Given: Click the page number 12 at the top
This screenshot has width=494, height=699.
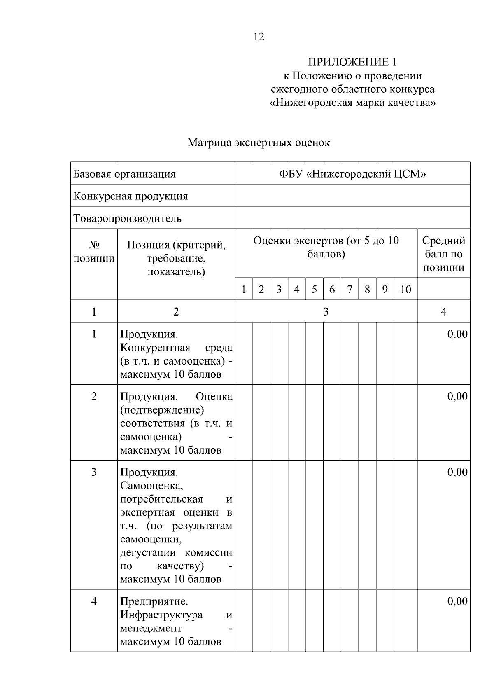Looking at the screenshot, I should [x=259, y=37].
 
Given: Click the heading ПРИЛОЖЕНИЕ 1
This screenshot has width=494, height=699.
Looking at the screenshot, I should [x=352, y=62].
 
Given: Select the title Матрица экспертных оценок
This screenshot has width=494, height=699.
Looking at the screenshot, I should [x=259, y=143].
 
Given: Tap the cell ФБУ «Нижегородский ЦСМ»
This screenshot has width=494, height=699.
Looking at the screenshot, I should [x=352, y=174].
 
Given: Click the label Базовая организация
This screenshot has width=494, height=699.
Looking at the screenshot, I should [x=124, y=174].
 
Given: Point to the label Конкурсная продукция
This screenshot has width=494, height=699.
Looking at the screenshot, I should [x=130, y=196].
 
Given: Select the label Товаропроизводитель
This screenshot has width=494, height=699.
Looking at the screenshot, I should [x=127, y=218].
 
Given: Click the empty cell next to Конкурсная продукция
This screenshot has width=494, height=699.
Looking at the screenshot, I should [x=352, y=196].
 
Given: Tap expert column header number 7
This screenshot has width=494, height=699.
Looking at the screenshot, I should [x=350, y=290].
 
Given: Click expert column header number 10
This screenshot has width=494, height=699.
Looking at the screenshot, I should [x=405, y=290].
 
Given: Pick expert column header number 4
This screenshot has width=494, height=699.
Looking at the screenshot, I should [x=296, y=290].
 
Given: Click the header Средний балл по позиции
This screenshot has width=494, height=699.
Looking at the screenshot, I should [x=444, y=254].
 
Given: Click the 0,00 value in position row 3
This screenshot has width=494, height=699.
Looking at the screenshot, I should [x=457, y=472].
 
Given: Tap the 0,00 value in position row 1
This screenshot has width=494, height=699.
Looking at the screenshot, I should [x=457, y=334].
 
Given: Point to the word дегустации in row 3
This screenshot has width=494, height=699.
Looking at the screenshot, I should [x=149, y=552].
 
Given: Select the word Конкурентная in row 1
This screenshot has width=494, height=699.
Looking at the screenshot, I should [x=155, y=348].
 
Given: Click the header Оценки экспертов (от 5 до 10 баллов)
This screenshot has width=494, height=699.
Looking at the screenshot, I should [x=326, y=247].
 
